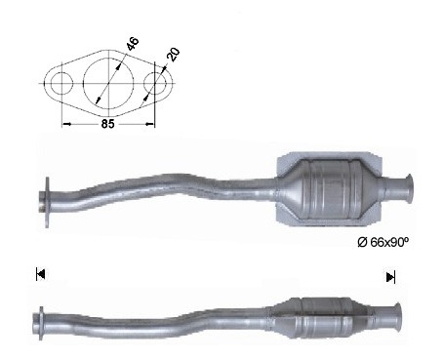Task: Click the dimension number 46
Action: pyautogui.click(x=133, y=44)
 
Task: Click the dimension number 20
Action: pyautogui.click(x=173, y=55)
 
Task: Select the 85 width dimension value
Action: pyautogui.click(x=107, y=124)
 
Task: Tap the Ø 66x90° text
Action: pyautogui.click(x=383, y=242)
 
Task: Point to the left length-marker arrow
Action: pyautogui.click(x=40, y=274)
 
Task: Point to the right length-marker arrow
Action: pyautogui.click(x=390, y=277)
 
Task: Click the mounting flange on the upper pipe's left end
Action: pyautogui.click(x=48, y=202)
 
